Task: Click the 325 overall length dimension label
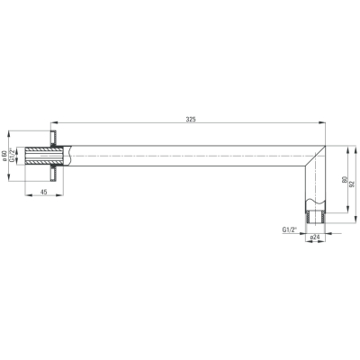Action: [191, 119]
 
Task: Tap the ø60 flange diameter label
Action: [4, 156]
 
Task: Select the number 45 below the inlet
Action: [44, 192]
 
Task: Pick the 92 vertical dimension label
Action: [353, 184]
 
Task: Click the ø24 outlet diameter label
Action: [314, 237]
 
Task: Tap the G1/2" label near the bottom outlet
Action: [289, 229]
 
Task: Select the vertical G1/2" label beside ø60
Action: [12, 156]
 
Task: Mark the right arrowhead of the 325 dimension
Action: [322, 122]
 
